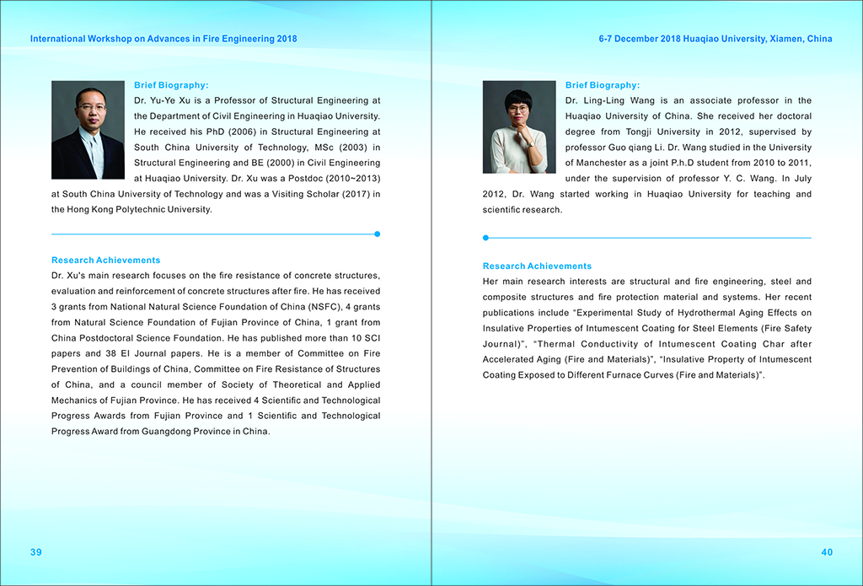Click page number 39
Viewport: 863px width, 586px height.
pyautogui.click(x=36, y=552)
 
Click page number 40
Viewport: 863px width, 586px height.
pyautogui.click(x=826, y=552)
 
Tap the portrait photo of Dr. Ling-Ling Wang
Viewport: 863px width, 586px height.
pyautogui.click(x=519, y=126)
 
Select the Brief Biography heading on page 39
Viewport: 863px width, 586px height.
pyautogui.click(x=171, y=85)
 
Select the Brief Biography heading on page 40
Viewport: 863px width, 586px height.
pyautogui.click(x=603, y=85)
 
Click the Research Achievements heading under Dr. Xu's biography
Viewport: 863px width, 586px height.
pyautogui.click(x=105, y=261)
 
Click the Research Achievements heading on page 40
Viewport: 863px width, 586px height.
pyautogui.click(x=537, y=266)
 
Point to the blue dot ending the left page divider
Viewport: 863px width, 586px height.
pyautogui.click(x=377, y=234)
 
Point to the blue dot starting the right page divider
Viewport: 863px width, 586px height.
pyautogui.click(x=486, y=238)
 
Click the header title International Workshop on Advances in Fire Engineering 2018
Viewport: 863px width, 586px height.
pyautogui.click(x=163, y=39)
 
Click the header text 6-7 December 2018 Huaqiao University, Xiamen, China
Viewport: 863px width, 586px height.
pyautogui.click(x=716, y=39)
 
